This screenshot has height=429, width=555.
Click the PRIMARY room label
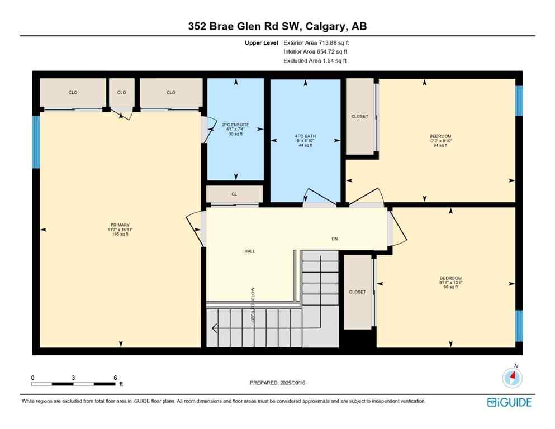coord(120,225)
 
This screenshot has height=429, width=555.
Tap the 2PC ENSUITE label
coord(235,125)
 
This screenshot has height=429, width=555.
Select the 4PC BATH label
coord(306,136)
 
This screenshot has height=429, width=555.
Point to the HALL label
coord(249,251)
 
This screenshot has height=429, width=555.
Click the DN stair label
coord(335,239)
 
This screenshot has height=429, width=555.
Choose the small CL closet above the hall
coord(235,194)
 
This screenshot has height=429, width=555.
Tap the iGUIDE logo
coord(509,402)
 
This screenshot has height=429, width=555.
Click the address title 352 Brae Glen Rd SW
coord(277,26)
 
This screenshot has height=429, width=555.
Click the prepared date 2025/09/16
coord(277,383)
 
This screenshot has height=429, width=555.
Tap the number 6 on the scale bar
coord(115,378)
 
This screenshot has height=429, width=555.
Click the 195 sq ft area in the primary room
coord(120,235)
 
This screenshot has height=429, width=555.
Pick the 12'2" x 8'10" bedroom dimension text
coord(440,141)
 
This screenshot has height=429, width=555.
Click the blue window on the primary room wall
coord(36,142)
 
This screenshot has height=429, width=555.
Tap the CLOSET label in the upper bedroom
coord(359,116)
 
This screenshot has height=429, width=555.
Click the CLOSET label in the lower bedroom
coord(357,292)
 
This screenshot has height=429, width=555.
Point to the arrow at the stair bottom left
coord(214,328)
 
